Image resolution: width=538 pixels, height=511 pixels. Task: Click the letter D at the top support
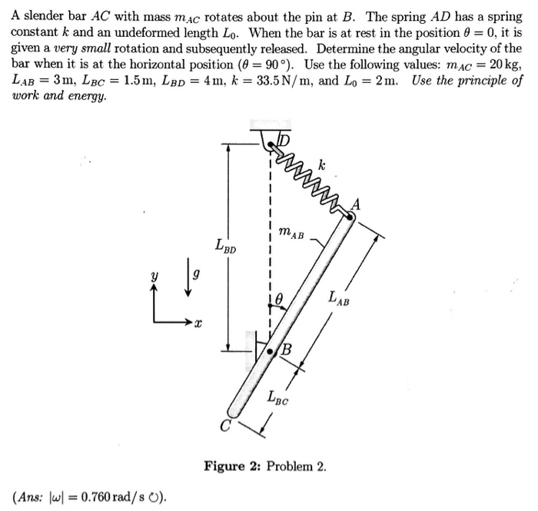pyautogui.click(x=283, y=141)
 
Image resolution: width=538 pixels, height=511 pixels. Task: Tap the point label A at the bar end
pyautogui.click(x=355, y=204)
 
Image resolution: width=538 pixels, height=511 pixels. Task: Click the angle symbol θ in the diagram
pyautogui.click(x=280, y=296)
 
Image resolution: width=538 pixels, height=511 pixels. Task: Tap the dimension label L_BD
pyautogui.click(x=226, y=247)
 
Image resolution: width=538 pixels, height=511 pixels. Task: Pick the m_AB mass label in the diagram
pyautogui.click(x=290, y=230)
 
